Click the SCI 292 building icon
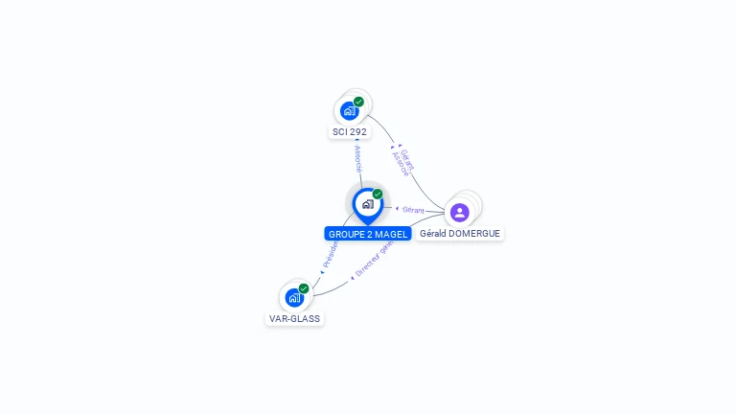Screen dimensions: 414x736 point(350,110)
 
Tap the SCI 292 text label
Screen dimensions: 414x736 point(350,132)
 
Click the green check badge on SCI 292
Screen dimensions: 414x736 point(358,102)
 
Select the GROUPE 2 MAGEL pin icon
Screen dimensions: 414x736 point(367,204)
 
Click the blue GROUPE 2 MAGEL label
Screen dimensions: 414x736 point(368,234)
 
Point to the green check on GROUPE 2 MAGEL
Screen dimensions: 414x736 point(378,195)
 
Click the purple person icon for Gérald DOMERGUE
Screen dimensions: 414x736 point(459,212)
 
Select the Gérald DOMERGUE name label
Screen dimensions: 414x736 point(460,234)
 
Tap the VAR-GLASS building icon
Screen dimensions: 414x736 point(294,297)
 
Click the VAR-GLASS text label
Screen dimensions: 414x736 point(295,319)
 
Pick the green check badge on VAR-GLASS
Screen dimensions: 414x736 point(304,288)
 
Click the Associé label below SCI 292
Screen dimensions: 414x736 point(357,159)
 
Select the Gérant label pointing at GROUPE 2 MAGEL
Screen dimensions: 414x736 point(412,209)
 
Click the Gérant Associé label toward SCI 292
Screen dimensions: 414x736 point(403,162)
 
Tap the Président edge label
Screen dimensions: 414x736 point(330,255)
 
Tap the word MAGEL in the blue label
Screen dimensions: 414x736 point(390,234)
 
